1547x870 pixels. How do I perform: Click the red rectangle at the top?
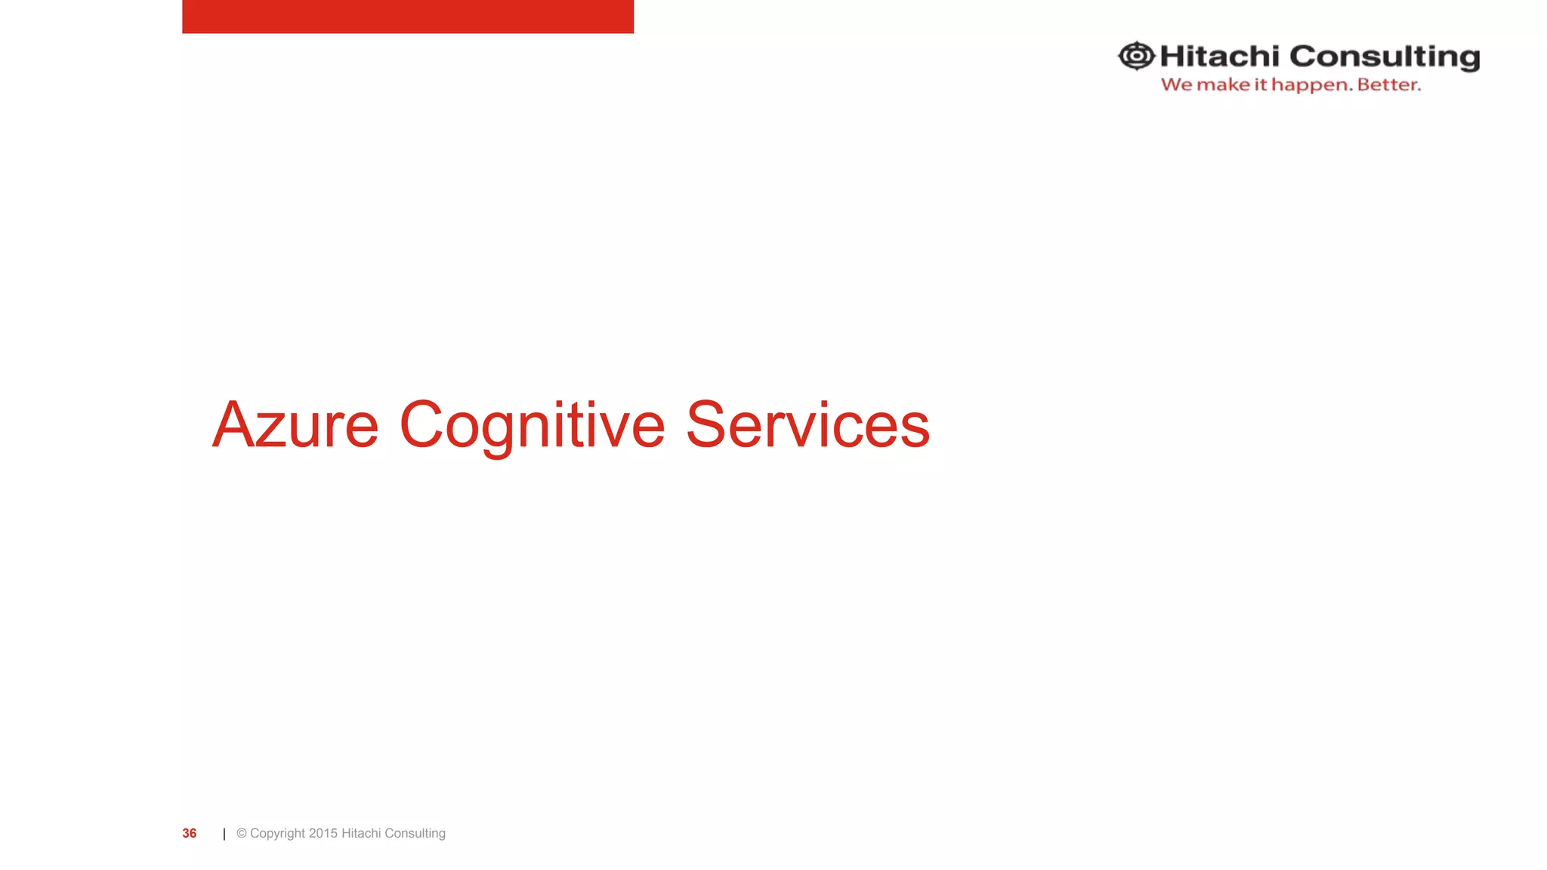tap(408, 16)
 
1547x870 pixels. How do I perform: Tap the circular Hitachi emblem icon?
tap(1136, 56)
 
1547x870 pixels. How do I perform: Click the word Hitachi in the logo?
tap(1219, 57)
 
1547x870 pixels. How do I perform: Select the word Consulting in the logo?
tap(1384, 57)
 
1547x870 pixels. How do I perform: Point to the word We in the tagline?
tap(1176, 85)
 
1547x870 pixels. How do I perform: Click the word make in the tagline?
tap(1223, 85)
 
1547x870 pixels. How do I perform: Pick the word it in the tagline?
tap(1260, 85)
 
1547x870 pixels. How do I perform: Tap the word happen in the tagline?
tap(1311, 85)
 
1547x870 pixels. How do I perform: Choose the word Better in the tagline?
tap(1388, 85)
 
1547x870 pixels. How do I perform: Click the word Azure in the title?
tap(295, 425)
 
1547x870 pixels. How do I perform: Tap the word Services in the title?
tap(807, 425)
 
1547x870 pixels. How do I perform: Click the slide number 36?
tap(189, 833)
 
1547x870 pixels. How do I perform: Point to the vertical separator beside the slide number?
tap(224, 834)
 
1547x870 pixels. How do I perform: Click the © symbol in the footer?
tap(242, 833)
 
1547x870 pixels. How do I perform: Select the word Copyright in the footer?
tap(277, 834)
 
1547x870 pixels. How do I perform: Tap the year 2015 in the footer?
tap(323, 833)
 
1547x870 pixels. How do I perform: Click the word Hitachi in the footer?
tap(361, 833)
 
